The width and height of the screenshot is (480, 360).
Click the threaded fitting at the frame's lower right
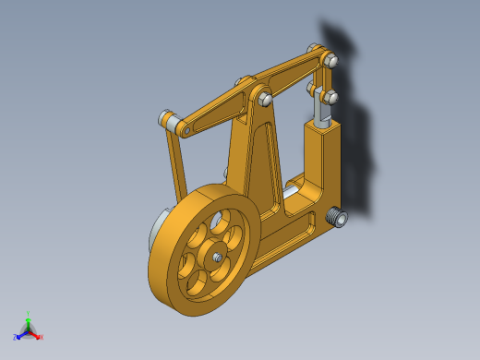point(338,218)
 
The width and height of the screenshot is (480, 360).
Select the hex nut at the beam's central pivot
point(265,98)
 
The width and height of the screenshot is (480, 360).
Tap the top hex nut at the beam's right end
point(330,61)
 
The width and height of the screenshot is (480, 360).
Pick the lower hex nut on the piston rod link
point(330,96)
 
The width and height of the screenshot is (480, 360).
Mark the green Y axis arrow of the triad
point(29,317)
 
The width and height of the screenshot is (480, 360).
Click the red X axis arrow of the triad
point(39,336)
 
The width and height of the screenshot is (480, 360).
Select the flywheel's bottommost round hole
point(197,287)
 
